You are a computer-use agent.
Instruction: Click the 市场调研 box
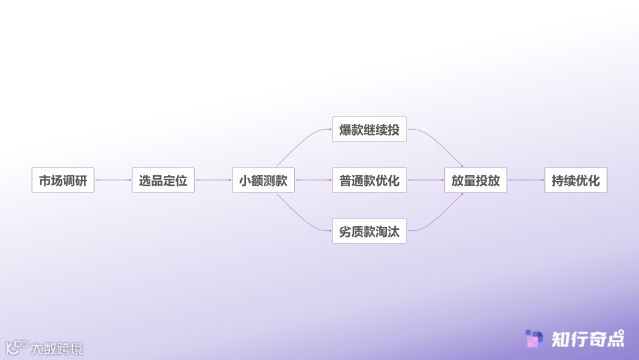click(63, 180)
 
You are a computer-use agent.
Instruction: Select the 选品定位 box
click(163, 180)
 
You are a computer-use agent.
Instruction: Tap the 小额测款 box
click(263, 180)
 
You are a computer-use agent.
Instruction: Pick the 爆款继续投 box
click(369, 129)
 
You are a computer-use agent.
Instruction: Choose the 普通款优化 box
click(369, 180)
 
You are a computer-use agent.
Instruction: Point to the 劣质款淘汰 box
click(369, 231)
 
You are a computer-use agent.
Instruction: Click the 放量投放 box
click(476, 180)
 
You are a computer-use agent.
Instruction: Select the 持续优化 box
click(576, 180)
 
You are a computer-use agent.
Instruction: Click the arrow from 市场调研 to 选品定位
click(113, 180)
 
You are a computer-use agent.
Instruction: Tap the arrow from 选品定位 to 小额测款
click(213, 180)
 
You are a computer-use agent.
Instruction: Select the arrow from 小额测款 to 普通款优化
click(313, 180)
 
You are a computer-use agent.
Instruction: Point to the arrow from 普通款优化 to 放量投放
click(425, 180)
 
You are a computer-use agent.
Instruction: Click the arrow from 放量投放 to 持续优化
click(525, 180)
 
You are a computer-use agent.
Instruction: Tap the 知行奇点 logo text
click(588, 339)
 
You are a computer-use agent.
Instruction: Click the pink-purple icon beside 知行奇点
click(534, 339)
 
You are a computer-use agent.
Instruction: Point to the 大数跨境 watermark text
click(57, 348)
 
